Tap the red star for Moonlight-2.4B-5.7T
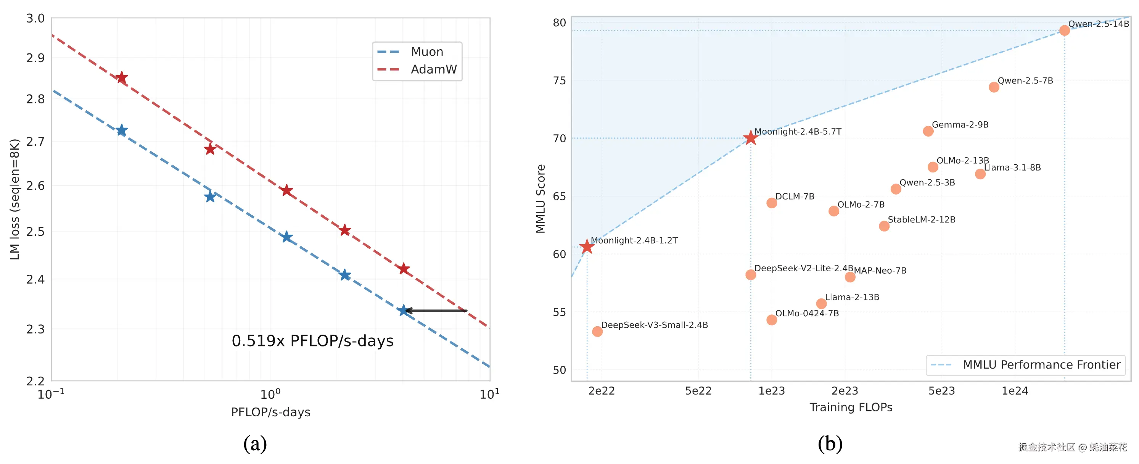tap(750, 138)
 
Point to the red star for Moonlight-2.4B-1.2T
tap(587, 246)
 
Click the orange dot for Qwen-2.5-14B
tap(1064, 31)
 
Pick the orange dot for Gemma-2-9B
tap(928, 131)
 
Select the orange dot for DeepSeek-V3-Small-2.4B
tap(597, 331)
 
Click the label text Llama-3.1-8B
tap(1012, 168)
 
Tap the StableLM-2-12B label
tap(922, 219)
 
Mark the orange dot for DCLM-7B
tap(772, 203)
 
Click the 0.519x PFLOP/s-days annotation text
tap(313, 341)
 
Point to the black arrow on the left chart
tap(436, 311)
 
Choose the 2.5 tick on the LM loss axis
tap(35, 232)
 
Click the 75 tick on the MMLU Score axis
tap(559, 81)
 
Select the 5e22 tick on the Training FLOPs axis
tap(698, 391)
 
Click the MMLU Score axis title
tap(540, 198)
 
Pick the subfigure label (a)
tap(255, 443)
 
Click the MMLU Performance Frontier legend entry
tap(1041, 365)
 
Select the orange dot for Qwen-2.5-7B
tap(994, 87)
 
